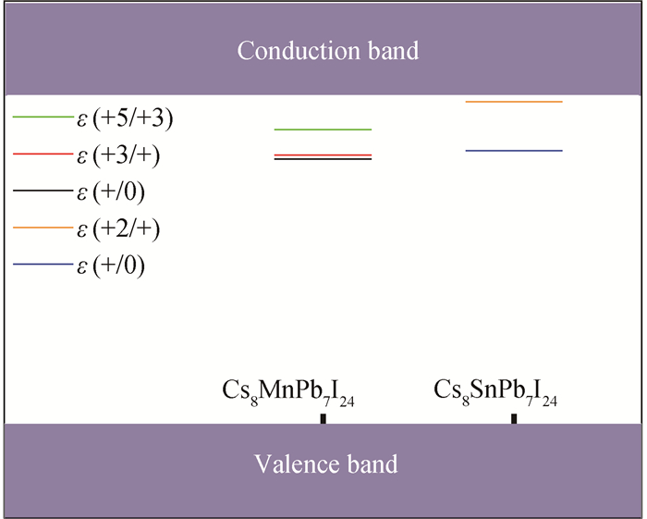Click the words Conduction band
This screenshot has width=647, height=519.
point(328,51)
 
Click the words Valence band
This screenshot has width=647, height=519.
point(326,463)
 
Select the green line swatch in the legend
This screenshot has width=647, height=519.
point(43,117)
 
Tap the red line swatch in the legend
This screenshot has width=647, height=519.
point(43,154)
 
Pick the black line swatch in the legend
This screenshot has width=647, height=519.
point(43,191)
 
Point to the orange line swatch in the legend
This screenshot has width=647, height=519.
point(43,228)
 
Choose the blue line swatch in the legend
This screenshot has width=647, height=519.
point(43,265)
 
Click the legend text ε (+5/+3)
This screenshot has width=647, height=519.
point(125,119)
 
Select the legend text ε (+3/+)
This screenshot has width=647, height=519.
point(118,155)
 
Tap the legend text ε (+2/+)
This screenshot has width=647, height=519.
point(118,229)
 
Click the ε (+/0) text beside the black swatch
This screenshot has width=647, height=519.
point(111,192)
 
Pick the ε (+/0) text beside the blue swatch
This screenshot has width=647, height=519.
point(111,266)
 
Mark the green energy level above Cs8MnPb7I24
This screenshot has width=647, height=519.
point(323,130)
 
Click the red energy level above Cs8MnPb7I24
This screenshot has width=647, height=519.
point(323,155)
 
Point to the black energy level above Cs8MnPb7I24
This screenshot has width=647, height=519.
point(323,159)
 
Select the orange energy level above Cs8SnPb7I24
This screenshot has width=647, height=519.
point(514,102)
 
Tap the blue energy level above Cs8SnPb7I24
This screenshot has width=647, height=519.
point(514,151)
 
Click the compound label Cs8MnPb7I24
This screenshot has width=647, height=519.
point(288,392)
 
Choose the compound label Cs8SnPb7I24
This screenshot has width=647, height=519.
point(495,392)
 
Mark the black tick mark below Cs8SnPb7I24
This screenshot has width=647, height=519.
point(514,419)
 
